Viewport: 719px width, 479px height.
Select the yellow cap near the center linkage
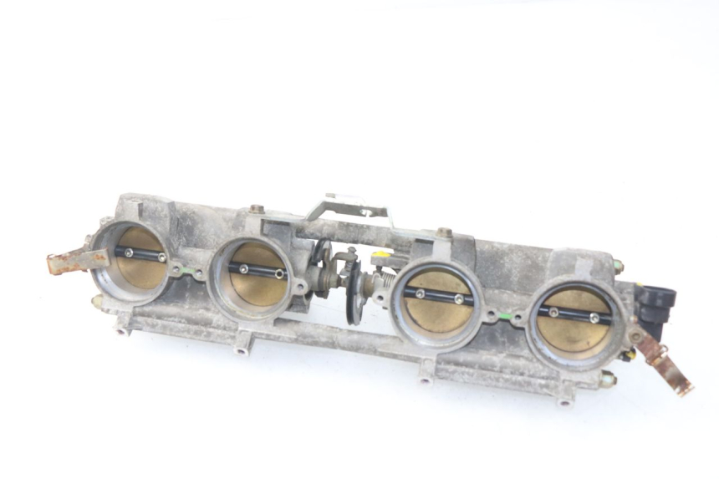(381, 254)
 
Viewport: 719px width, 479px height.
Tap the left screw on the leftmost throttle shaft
(128, 252)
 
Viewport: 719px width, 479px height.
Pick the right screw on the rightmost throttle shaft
(594, 318)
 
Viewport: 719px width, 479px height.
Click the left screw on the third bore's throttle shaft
(420, 293)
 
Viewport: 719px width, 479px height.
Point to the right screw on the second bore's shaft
(278, 273)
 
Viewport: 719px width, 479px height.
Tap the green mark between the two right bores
(504, 316)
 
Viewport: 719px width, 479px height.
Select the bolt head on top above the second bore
(256, 209)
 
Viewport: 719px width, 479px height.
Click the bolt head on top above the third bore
(444, 232)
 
